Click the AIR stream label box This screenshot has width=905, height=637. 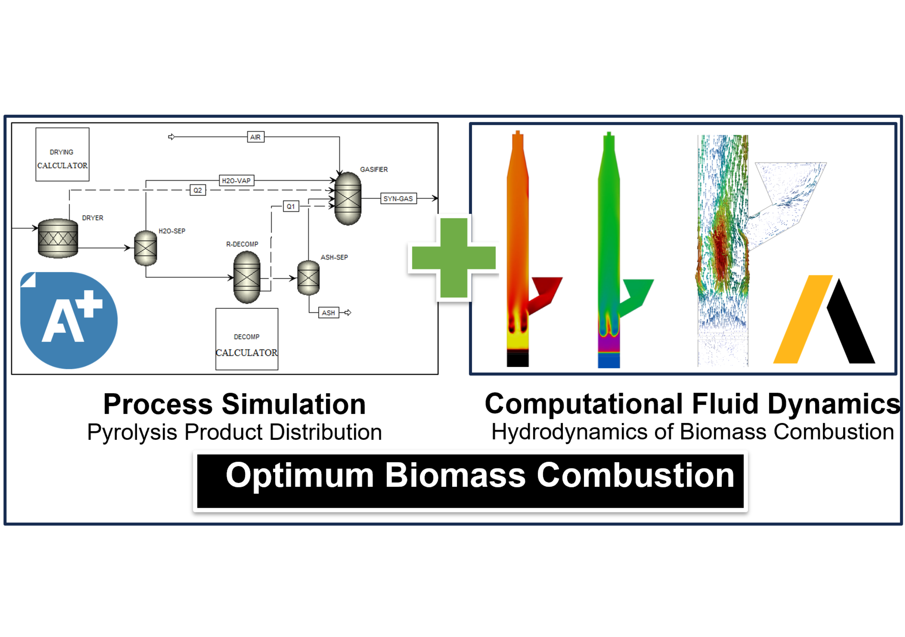click(x=255, y=137)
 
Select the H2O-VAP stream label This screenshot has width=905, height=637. click(x=237, y=181)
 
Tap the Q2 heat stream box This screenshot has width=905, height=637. click(x=198, y=190)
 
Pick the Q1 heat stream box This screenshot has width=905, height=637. click(x=291, y=206)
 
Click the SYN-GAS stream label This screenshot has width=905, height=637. click(x=398, y=198)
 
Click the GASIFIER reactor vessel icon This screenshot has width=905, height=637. click(x=348, y=198)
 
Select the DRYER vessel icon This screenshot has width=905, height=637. click(x=58, y=238)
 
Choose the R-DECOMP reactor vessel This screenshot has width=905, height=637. click(x=247, y=277)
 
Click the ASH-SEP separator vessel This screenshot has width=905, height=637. click(x=308, y=278)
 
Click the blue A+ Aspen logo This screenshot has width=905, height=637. click(x=69, y=320)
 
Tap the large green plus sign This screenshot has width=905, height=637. click(x=454, y=257)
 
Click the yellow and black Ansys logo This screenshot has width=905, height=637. click(x=824, y=320)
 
